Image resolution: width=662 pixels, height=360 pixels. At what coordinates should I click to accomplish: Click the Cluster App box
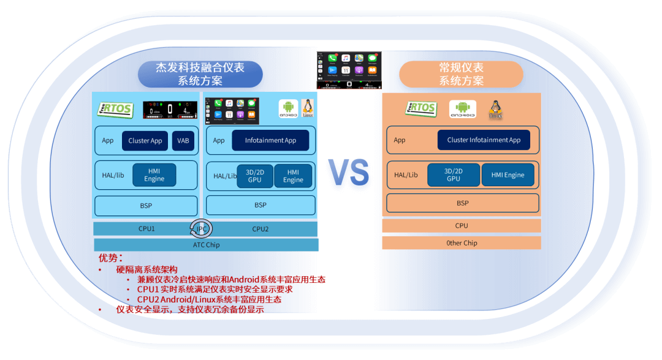[x=145, y=141]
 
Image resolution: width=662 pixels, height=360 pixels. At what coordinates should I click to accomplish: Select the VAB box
[x=183, y=141]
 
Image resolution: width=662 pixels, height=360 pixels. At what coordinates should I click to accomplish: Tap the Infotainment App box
[x=270, y=140]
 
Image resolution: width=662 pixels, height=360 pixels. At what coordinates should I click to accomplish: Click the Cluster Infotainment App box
[x=484, y=140]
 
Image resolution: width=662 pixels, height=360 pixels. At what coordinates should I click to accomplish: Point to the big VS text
[x=348, y=173]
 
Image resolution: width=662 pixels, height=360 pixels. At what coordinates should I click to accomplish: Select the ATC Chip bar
[x=206, y=245]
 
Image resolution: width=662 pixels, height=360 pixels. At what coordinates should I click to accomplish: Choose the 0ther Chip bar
[x=462, y=243]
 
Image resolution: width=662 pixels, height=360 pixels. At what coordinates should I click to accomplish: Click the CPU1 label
[x=146, y=229]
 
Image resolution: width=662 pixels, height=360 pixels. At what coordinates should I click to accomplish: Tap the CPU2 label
[x=261, y=229]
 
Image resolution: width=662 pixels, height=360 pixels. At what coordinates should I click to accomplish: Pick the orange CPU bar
[x=462, y=225]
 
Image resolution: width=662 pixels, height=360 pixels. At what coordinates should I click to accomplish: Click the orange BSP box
[x=462, y=203]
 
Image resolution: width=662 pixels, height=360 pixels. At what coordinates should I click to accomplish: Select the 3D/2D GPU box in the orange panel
[x=454, y=174]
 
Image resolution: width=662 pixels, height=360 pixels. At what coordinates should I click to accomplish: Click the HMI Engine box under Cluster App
[x=154, y=174]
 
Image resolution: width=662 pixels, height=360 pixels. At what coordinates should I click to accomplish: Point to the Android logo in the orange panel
[x=462, y=108]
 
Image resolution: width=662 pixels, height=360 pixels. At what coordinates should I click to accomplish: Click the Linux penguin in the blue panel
[x=308, y=108]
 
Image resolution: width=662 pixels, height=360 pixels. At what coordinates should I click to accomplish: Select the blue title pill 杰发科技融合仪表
[x=200, y=74]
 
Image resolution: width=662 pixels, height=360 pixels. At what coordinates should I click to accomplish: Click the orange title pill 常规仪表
[x=461, y=74]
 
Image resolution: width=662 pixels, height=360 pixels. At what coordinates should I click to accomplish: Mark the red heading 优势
[x=111, y=258]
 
